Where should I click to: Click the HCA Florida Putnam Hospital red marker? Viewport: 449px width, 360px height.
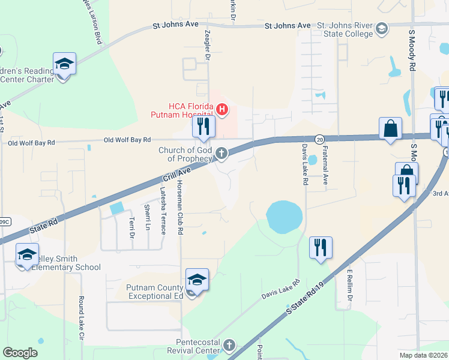pyautogui.click(x=222, y=109)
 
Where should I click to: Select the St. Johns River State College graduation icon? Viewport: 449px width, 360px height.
pyautogui.click(x=381, y=28)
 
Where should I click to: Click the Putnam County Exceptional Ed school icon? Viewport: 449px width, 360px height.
pyautogui.click(x=197, y=281)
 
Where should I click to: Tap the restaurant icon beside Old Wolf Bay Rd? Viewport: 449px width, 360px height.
pyautogui.click(x=203, y=126)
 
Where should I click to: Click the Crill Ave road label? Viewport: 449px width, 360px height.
pyautogui.click(x=176, y=175)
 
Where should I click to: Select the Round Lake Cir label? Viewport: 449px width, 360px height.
pyautogui.click(x=81, y=317)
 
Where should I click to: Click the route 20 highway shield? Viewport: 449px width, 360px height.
pyautogui.click(x=319, y=139)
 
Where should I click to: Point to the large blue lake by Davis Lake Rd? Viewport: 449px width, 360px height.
pyautogui.click(x=283, y=217)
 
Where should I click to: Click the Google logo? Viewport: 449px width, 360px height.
pyautogui.click(x=20, y=353)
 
